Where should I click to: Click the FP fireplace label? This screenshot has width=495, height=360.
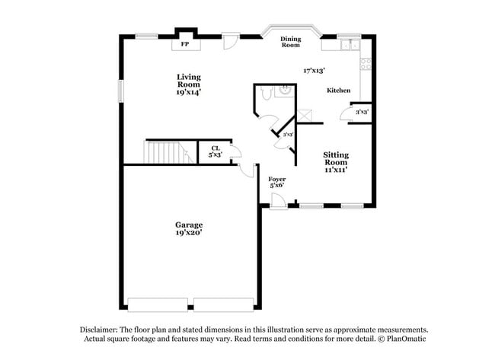pyautogui.click(x=184, y=44)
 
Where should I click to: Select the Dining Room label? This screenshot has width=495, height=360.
pyautogui.click(x=291, y=42)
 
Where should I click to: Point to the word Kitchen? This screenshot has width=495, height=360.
pyautogui.click(x=339, y=91)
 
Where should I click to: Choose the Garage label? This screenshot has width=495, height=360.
pyautogui.click(x=189, y=225)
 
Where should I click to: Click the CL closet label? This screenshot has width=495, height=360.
pyautogui.click(x=216, y=148)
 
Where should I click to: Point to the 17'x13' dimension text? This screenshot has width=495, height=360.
pyautogui.click(x=315, y=70)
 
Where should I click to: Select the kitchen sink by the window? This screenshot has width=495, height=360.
pyautogui.click(x=350, y=44)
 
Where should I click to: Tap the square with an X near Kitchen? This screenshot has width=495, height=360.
pyautogui.click(x=305, y=115)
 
